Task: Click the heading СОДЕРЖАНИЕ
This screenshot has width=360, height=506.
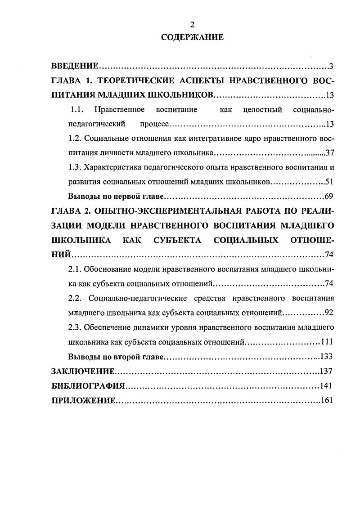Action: point(192,37)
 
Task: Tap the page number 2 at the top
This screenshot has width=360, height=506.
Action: point(192,25)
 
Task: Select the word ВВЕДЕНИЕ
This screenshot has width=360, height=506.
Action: point(75,67)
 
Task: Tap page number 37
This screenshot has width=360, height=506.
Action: point(329,152)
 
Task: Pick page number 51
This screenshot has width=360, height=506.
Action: point(329,182)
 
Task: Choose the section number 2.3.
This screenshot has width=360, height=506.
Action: point(76,327)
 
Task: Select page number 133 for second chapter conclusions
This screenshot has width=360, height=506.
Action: point(326,356)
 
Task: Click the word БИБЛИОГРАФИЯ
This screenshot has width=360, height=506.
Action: point(88,386)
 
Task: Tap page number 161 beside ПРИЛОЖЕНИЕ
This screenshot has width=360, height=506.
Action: point(326,400)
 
